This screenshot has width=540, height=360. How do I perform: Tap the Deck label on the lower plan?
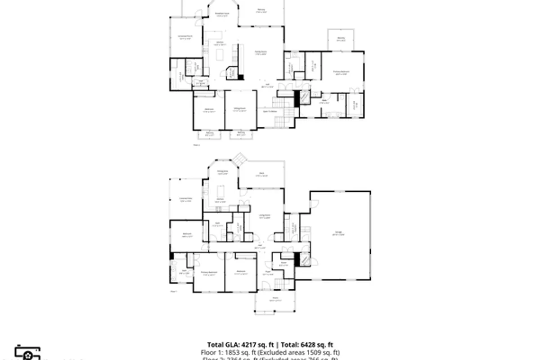click(261, 174)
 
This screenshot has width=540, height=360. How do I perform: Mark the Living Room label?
click(264, 216)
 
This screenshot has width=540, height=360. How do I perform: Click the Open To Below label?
click(270, 111)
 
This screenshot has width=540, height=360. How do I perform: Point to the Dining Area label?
click(222, 173)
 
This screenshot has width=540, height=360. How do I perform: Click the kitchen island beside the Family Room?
click(220, 54)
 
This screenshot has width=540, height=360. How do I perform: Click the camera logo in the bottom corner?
click(28, 354)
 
